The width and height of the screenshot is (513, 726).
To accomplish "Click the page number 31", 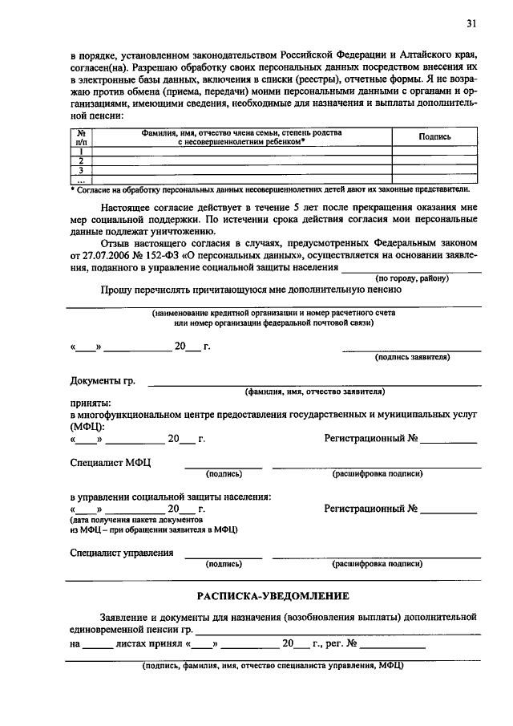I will [x=471, y=24].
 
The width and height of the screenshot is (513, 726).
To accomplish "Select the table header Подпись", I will [x=434, y=137].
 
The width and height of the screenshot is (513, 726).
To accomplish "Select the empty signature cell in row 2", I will [x=435, y=160].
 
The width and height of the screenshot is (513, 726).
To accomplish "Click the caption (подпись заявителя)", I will [x=412, y=356].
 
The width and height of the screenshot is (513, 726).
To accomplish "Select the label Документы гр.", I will [x=103, y=380].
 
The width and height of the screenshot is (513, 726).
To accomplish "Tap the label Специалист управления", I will [x=122, y=552].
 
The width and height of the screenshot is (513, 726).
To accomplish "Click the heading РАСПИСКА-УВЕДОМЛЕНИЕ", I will [x=273, y=595].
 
